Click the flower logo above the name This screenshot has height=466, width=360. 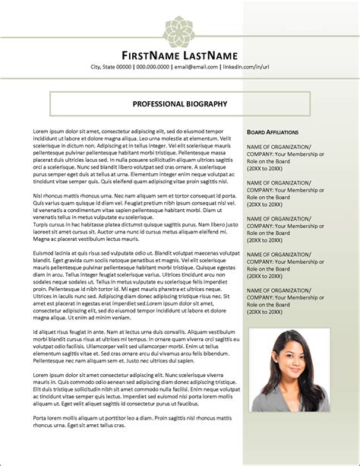click(180, 30)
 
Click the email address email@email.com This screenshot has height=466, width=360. click(199, 68)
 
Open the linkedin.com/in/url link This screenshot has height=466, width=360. click(246, 68)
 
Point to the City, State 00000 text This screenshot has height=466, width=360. click(111, 68)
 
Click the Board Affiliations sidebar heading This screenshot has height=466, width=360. click(273, 132)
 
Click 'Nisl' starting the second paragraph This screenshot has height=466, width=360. click(39, 196)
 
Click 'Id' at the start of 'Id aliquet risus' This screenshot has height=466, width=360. click(36, 332)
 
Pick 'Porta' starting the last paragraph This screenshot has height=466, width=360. click(41, 418)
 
